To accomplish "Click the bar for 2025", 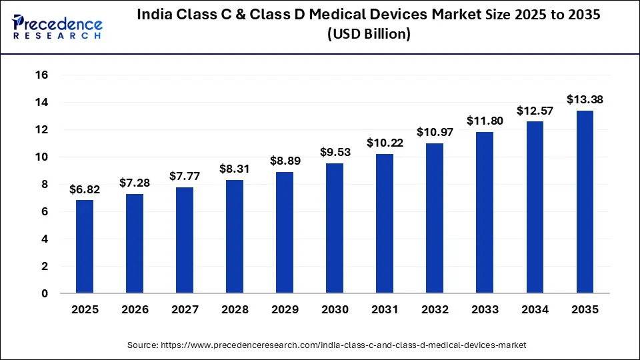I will coord(85,247).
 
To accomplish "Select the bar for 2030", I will coord(335,228).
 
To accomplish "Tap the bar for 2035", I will coord(585,202).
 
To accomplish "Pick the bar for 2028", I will coord(235,237).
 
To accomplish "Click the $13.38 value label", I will coord(585,99).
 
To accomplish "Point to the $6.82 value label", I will coord(85,189).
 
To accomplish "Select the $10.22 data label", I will coord(385,143).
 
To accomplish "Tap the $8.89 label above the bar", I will coord(285,161).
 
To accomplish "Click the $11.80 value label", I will coord(485,121).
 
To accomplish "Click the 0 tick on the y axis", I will coord(45,293).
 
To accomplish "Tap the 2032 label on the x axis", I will coord(435,310).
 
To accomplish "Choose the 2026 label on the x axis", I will coord(135,310).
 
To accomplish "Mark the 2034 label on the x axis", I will coord(535,310).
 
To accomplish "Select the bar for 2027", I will coord(185,240).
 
